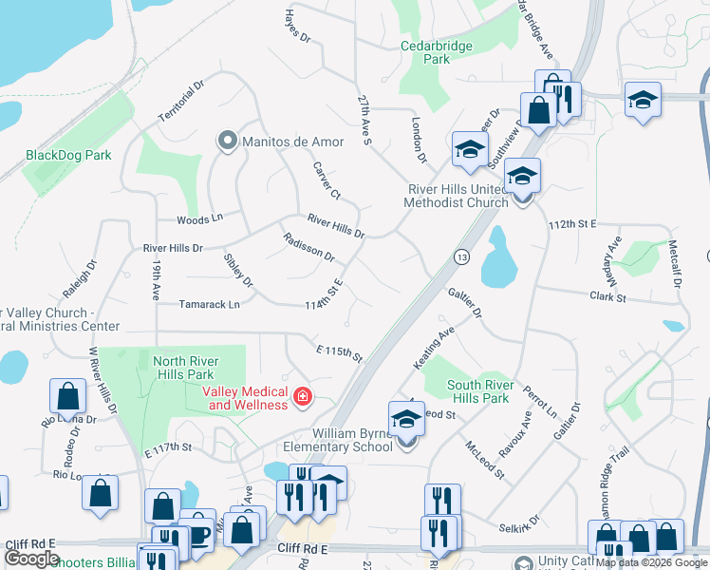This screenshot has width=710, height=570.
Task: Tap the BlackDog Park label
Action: pyautogui.click(x=68, y=155)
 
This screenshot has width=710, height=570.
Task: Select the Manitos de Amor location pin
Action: pyautogui.click(x=227, y=142)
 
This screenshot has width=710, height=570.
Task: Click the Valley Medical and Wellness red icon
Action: pyautogui.click(x=303, y=396)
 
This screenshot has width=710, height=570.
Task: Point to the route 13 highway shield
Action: pyautogui.click(x=461, y=256)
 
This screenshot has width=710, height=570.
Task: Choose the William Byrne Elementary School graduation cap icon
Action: pyautogui.click(x=406, y=418)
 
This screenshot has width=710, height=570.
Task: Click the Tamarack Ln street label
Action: pyautogui.click(x=210, y=304)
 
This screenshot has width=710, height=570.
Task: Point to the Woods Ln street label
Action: pyautogui.click(x=199, y=218)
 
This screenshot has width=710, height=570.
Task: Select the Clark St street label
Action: pyautogui.click(x=607, y=297)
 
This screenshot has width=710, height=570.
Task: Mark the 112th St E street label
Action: pyautogui.click(x=571, y=223)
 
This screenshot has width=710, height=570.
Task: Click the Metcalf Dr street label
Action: pyautogui.click(x=676, y=262)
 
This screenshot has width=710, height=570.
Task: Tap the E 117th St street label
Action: pyautogui.click(x=168, y=446)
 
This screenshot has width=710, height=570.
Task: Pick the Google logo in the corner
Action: pyautogui.click(x=31, y=559)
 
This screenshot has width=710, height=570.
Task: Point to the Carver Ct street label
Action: pyautogui.click(x=327, y=180)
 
